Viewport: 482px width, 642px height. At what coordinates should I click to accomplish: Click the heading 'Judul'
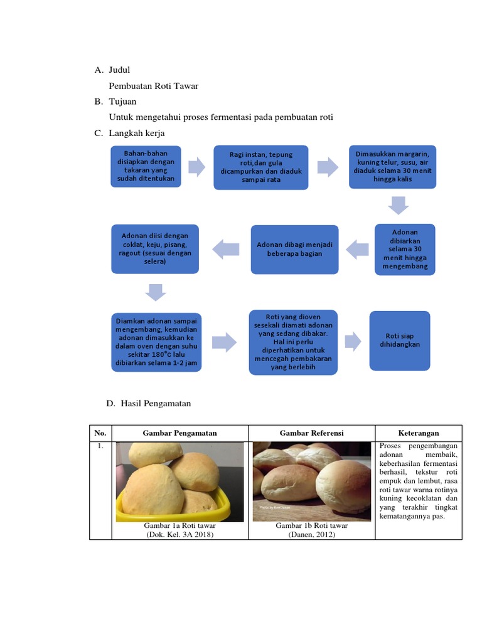[119, 70]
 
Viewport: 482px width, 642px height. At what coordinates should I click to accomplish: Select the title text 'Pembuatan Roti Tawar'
[154, 86]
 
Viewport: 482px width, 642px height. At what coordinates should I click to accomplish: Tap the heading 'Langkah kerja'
[137, 133]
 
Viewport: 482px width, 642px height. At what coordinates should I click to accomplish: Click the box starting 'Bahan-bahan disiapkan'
[146, 166]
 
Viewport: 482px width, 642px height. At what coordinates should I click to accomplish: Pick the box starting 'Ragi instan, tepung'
[260, 167]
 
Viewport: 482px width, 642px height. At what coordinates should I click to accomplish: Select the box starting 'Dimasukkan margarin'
[392, 166]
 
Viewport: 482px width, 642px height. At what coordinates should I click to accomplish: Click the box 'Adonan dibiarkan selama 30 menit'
[405, 249]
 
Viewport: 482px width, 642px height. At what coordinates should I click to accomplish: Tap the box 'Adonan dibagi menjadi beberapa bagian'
[294, 249]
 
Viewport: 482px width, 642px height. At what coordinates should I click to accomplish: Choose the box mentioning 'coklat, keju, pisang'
[155, 248]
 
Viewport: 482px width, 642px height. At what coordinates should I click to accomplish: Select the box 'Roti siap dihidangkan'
[399, 340]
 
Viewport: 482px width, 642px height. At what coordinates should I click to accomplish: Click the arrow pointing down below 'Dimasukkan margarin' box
[398, 205]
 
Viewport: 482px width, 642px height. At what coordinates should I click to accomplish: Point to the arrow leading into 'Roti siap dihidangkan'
[353, 341]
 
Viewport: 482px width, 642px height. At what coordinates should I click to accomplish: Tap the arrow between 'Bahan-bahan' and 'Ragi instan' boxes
[196, 167]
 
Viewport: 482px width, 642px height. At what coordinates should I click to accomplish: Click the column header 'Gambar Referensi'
[311, 433]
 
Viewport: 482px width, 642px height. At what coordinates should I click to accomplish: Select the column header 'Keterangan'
[418, 433]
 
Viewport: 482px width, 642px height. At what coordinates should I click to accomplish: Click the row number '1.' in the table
[100, 447]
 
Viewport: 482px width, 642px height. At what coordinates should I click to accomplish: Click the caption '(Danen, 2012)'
[311, 534]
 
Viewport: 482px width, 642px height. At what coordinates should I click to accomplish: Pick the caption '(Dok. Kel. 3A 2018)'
[180, 534]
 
